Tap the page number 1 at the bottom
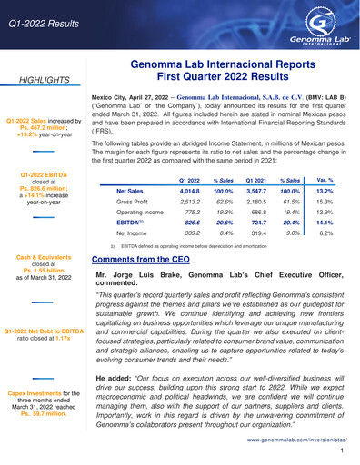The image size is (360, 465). pos(340,450)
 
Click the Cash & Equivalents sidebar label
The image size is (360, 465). pos(46,258)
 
